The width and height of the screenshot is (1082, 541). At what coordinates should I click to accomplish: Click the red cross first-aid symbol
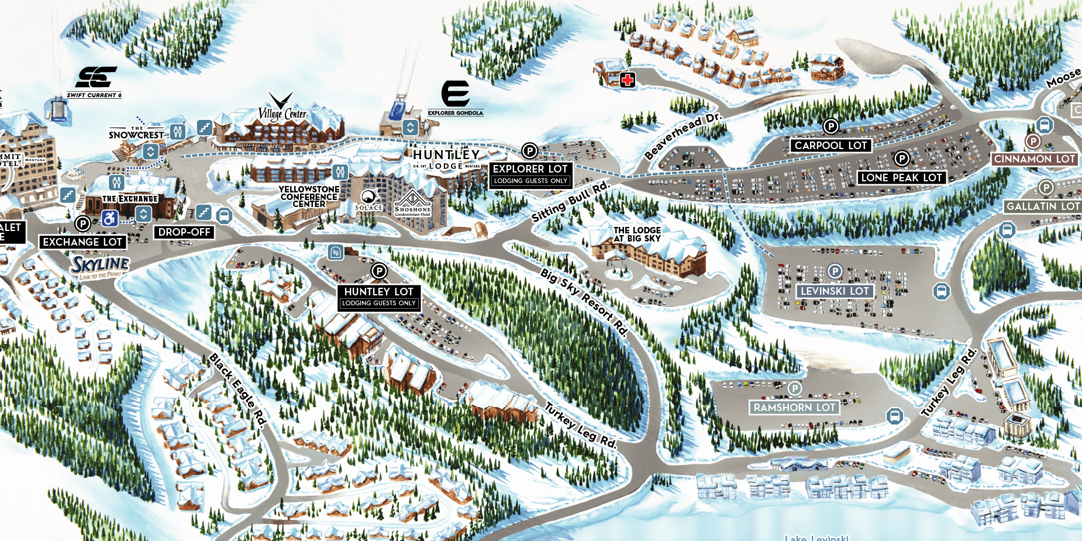click(628, 80)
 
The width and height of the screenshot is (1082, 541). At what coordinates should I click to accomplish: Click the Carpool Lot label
click(831, 146)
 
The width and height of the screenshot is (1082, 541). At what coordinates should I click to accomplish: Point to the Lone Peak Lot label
click(901, 178)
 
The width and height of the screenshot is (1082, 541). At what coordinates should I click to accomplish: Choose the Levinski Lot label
click(835, 291)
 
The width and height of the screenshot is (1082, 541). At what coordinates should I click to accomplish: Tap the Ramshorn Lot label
click(794, 408)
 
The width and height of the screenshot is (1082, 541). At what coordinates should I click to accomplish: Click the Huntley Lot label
click(378, 292)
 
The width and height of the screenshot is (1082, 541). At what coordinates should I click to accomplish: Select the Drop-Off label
click(184, 232)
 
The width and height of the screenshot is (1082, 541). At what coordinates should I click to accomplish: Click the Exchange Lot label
click(82, 242)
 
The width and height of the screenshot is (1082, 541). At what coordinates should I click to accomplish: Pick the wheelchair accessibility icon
click(110, 218)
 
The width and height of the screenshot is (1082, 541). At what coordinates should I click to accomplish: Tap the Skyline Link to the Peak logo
click(101, 267)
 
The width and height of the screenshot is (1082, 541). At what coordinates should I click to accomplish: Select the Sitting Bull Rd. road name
click(570, 202)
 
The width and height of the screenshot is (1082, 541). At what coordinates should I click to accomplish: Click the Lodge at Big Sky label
click(637, 234)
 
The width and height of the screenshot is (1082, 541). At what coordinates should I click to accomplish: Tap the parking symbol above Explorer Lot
click(529, 151)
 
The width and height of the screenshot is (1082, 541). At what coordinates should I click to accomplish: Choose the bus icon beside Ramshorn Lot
click(894, 416)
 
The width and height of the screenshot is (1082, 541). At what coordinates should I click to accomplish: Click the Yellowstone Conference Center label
click(309, 197)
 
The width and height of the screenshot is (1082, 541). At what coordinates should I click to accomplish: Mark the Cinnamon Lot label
click(1034, 159)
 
